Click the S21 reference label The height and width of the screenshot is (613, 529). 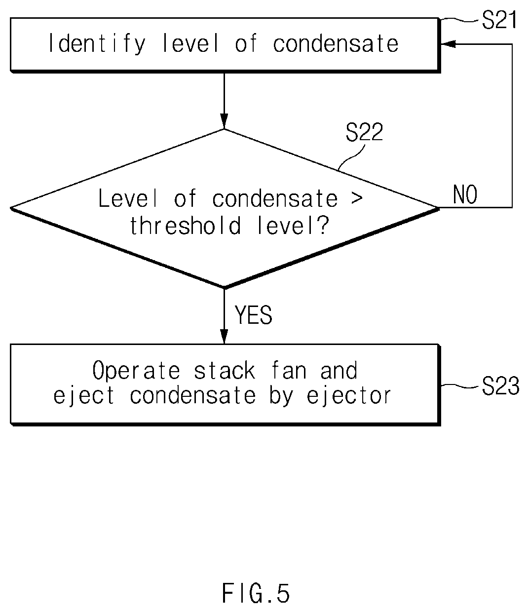pos(499,20)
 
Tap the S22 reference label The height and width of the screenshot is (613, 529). pos(365,132)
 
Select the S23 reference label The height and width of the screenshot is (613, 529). pos(500,386)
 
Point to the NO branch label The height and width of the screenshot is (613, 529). pos(465,194)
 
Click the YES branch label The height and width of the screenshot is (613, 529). pos(253,315)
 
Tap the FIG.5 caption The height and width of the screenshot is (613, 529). pos(256,593)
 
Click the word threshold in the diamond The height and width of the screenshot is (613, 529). pos(186,226)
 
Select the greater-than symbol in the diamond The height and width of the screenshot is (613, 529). pos(356,198)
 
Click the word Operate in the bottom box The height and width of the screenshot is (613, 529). pos(136,371)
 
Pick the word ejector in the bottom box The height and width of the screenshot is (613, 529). pos(349,396)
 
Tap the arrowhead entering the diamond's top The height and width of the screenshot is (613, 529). pos(224,121)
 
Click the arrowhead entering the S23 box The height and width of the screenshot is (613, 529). pos(224,336)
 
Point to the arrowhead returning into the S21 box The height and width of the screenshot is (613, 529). pos(448,44)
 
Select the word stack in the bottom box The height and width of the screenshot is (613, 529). pos(225,370)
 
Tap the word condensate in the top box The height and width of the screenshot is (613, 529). pos(336,44)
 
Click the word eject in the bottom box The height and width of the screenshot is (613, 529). pos(84,396)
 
